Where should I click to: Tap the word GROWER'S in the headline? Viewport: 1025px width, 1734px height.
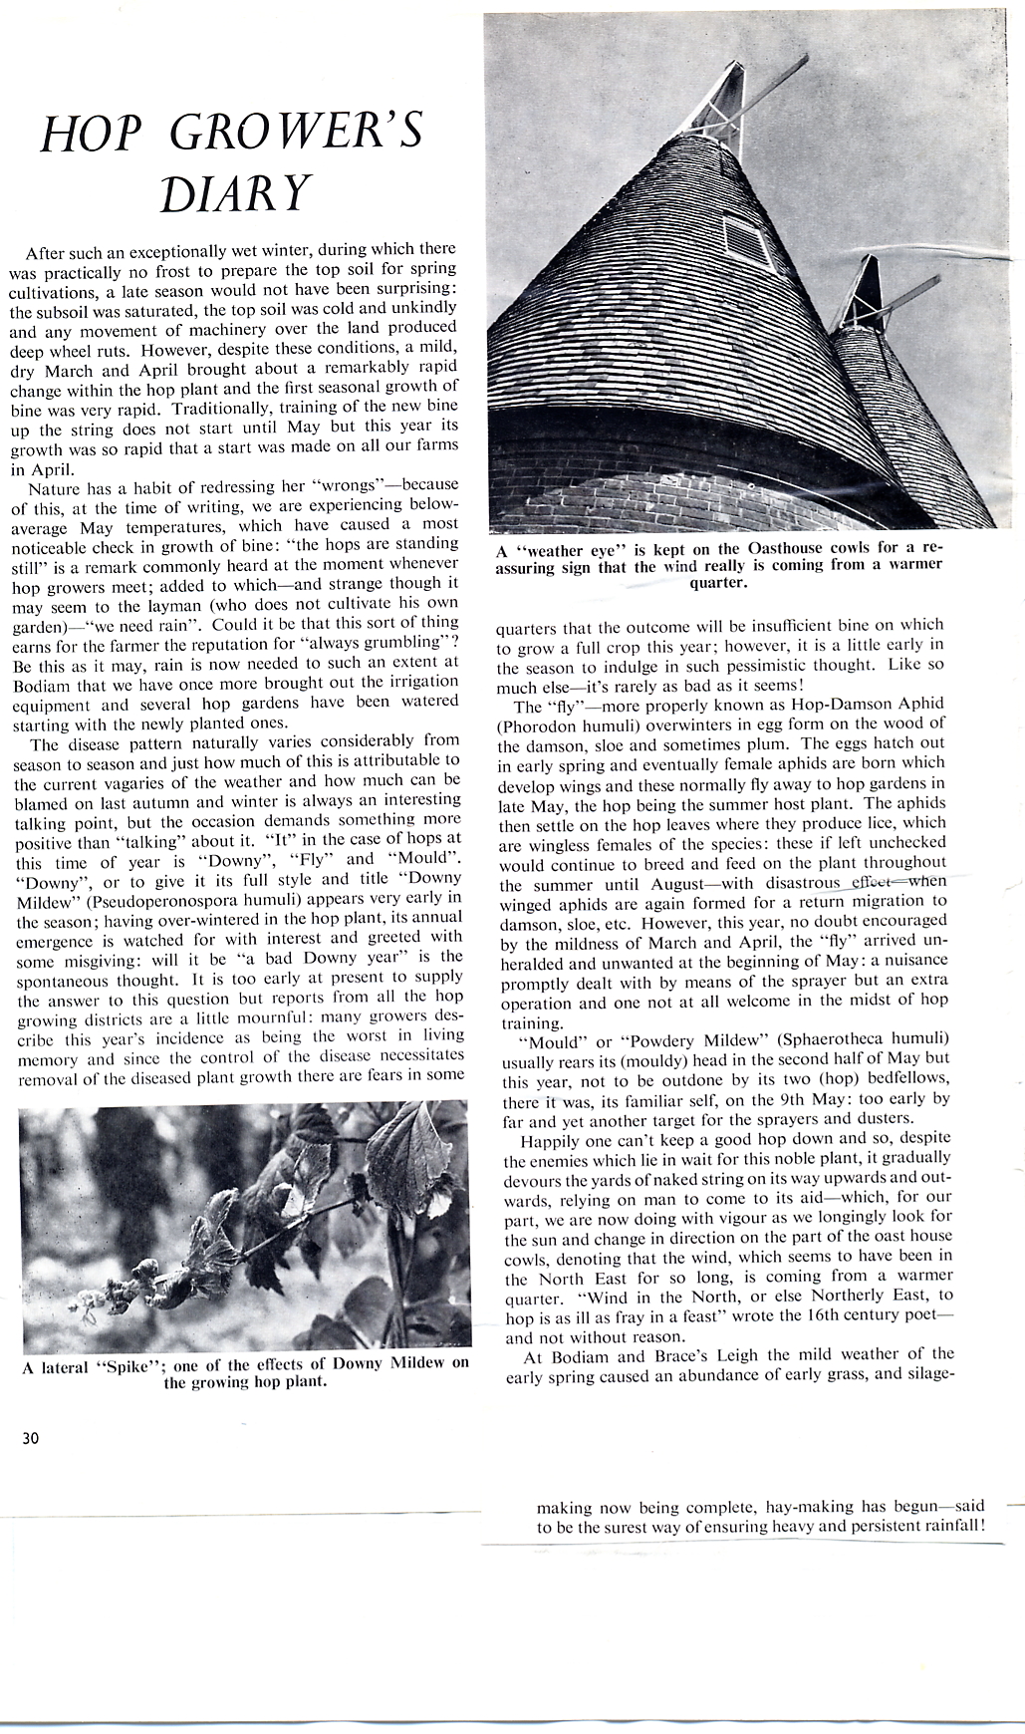pyautogui.click(x=297, y=134)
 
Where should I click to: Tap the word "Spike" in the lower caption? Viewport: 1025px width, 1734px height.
pyautogui.click(x=124, y=1365)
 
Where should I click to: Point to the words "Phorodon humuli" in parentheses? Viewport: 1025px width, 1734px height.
pyautogui.click(x=563, y=724)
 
